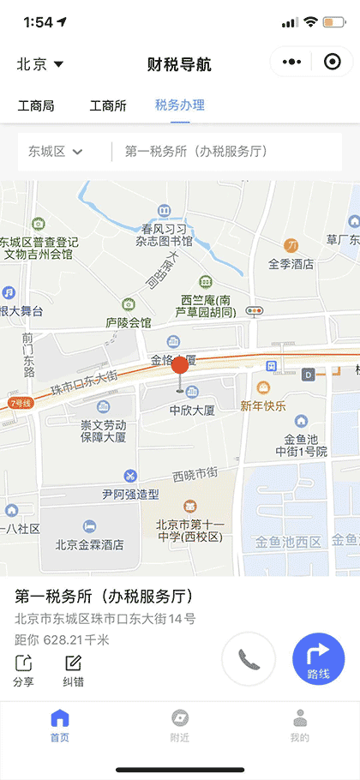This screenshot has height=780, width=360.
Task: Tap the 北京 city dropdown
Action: point(39,64)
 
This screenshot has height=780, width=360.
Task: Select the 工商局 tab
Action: point(36,106)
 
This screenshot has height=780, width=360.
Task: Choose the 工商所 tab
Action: point(108,106)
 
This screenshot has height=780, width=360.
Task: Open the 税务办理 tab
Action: point(180,106)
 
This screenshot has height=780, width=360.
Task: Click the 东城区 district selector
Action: point(56,152)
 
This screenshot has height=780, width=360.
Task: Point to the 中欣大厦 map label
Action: point(191,410)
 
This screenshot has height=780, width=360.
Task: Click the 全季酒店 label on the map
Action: point(291,264)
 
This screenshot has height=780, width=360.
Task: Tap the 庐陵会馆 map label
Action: point(128,322)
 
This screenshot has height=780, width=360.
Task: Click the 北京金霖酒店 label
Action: point(90,543)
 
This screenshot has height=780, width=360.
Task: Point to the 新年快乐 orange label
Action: point(263,405)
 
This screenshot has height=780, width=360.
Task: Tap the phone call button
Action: point(249,659)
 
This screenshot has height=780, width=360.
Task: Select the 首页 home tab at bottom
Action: point(60,725)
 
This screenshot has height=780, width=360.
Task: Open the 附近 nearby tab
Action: point(180,725)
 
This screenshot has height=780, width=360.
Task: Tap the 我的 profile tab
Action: point(299,725)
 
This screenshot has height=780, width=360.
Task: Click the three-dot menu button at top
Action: point(291,63)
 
